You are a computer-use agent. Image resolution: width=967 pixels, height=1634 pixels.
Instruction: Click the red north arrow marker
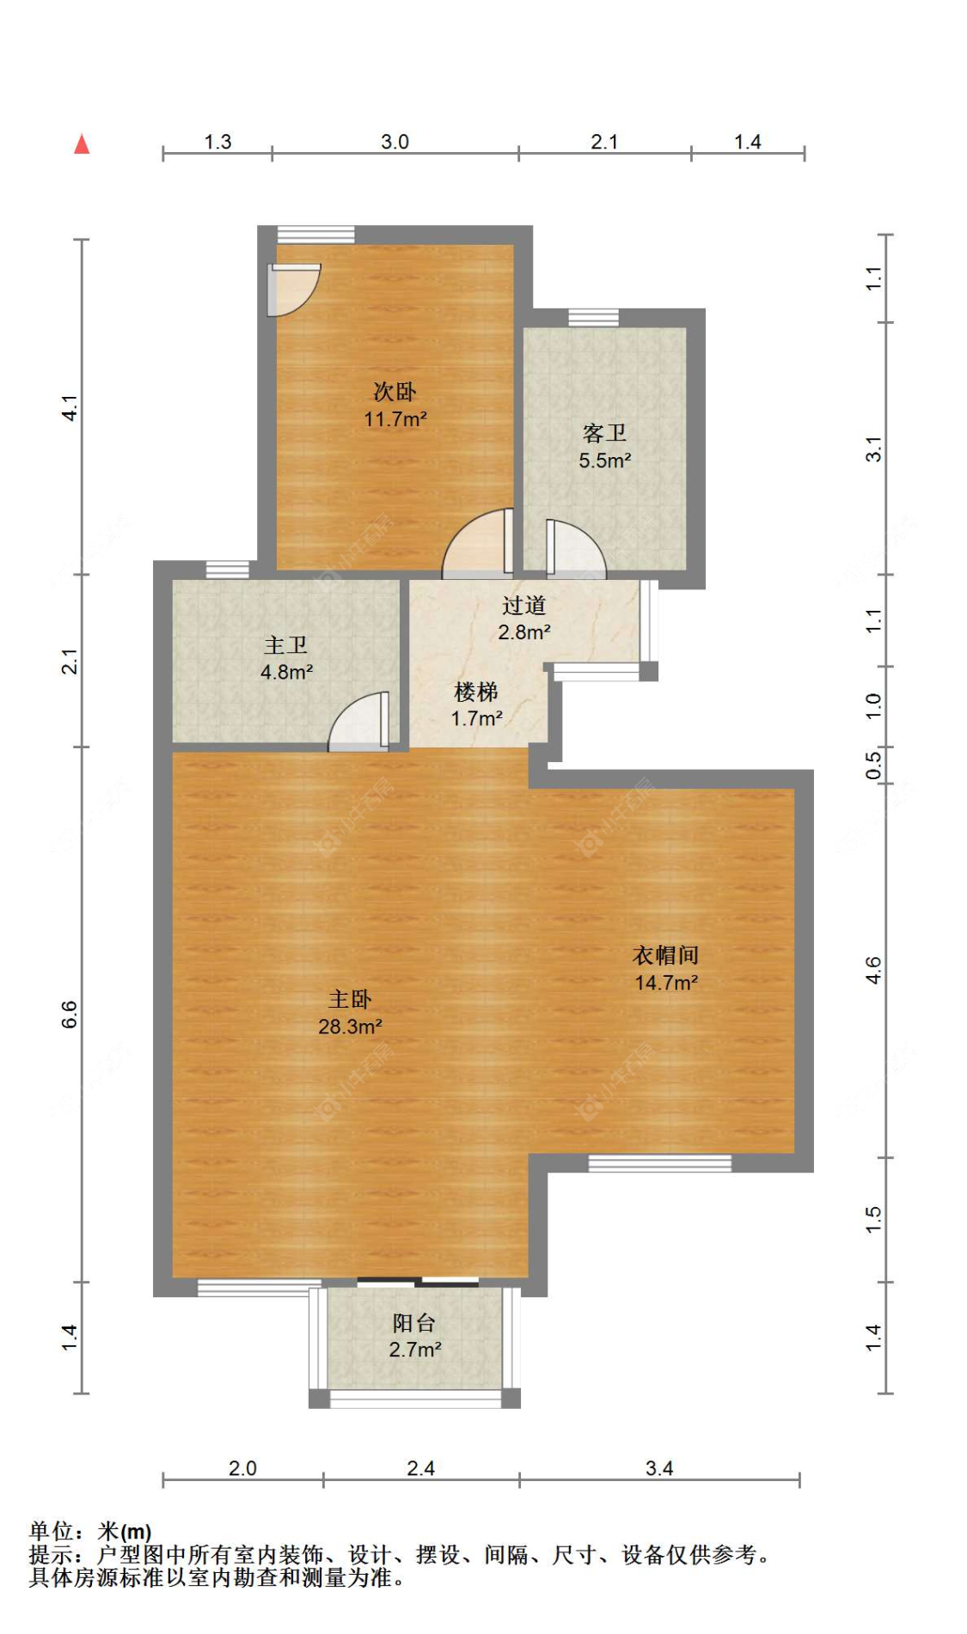(82, 144)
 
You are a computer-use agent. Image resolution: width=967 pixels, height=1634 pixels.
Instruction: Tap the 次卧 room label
(395, 392)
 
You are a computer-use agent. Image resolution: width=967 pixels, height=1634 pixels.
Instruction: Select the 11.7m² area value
(395, 419)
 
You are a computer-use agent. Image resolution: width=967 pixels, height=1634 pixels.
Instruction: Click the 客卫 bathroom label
(604, 433)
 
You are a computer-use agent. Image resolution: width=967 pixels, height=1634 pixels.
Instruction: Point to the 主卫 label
(285, 645)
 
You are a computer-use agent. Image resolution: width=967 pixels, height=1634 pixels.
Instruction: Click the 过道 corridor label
(523, 606)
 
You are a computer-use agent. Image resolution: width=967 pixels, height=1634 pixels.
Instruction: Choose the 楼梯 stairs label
(476, 692)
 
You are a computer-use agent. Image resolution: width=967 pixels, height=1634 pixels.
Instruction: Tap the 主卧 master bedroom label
(350, 999)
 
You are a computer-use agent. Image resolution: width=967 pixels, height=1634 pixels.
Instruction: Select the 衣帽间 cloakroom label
(665, 955)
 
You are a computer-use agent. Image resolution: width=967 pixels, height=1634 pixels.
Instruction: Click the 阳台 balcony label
(414, 1323)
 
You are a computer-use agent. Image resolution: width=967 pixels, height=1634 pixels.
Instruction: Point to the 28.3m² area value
(350, 1027)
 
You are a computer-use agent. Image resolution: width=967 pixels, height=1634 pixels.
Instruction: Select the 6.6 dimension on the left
(70, 1015)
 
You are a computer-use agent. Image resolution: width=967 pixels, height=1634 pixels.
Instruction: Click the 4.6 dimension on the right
(873, 972)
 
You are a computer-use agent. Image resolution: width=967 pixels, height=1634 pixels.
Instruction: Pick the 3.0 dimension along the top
(395, 142)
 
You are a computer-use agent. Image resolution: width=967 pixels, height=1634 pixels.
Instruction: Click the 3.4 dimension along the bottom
(659, 1468)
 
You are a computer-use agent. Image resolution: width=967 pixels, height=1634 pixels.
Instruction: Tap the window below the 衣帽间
(660, 1163)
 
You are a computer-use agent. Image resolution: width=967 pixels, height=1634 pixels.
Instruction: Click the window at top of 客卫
(593, 318)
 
